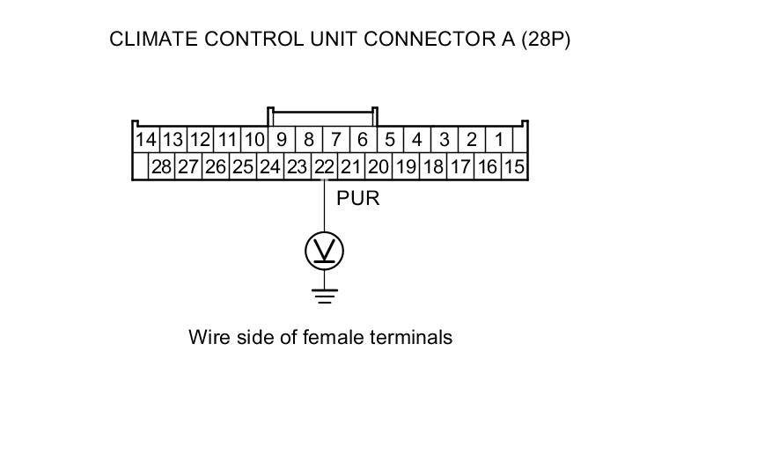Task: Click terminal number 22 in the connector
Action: point(325,166)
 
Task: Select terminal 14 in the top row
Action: point(145,140)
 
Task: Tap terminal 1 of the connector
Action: point(499,140)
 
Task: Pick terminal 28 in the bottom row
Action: point(161,166)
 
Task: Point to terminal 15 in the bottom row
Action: point(515,166)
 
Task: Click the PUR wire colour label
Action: point(358,198)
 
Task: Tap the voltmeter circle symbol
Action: point(325,252)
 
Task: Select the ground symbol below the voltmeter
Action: point(325,295)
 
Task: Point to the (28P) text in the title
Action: point(545,40)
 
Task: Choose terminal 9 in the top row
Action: point(282,140)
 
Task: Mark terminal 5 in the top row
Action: point(390,140)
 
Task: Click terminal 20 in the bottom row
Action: point(378,166)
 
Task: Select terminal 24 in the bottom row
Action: point(270,166)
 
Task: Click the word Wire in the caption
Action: point(207,337)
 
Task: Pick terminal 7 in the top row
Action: point(335,140)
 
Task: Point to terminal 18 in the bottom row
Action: point(433,166)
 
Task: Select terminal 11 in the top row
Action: point(227,140)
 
